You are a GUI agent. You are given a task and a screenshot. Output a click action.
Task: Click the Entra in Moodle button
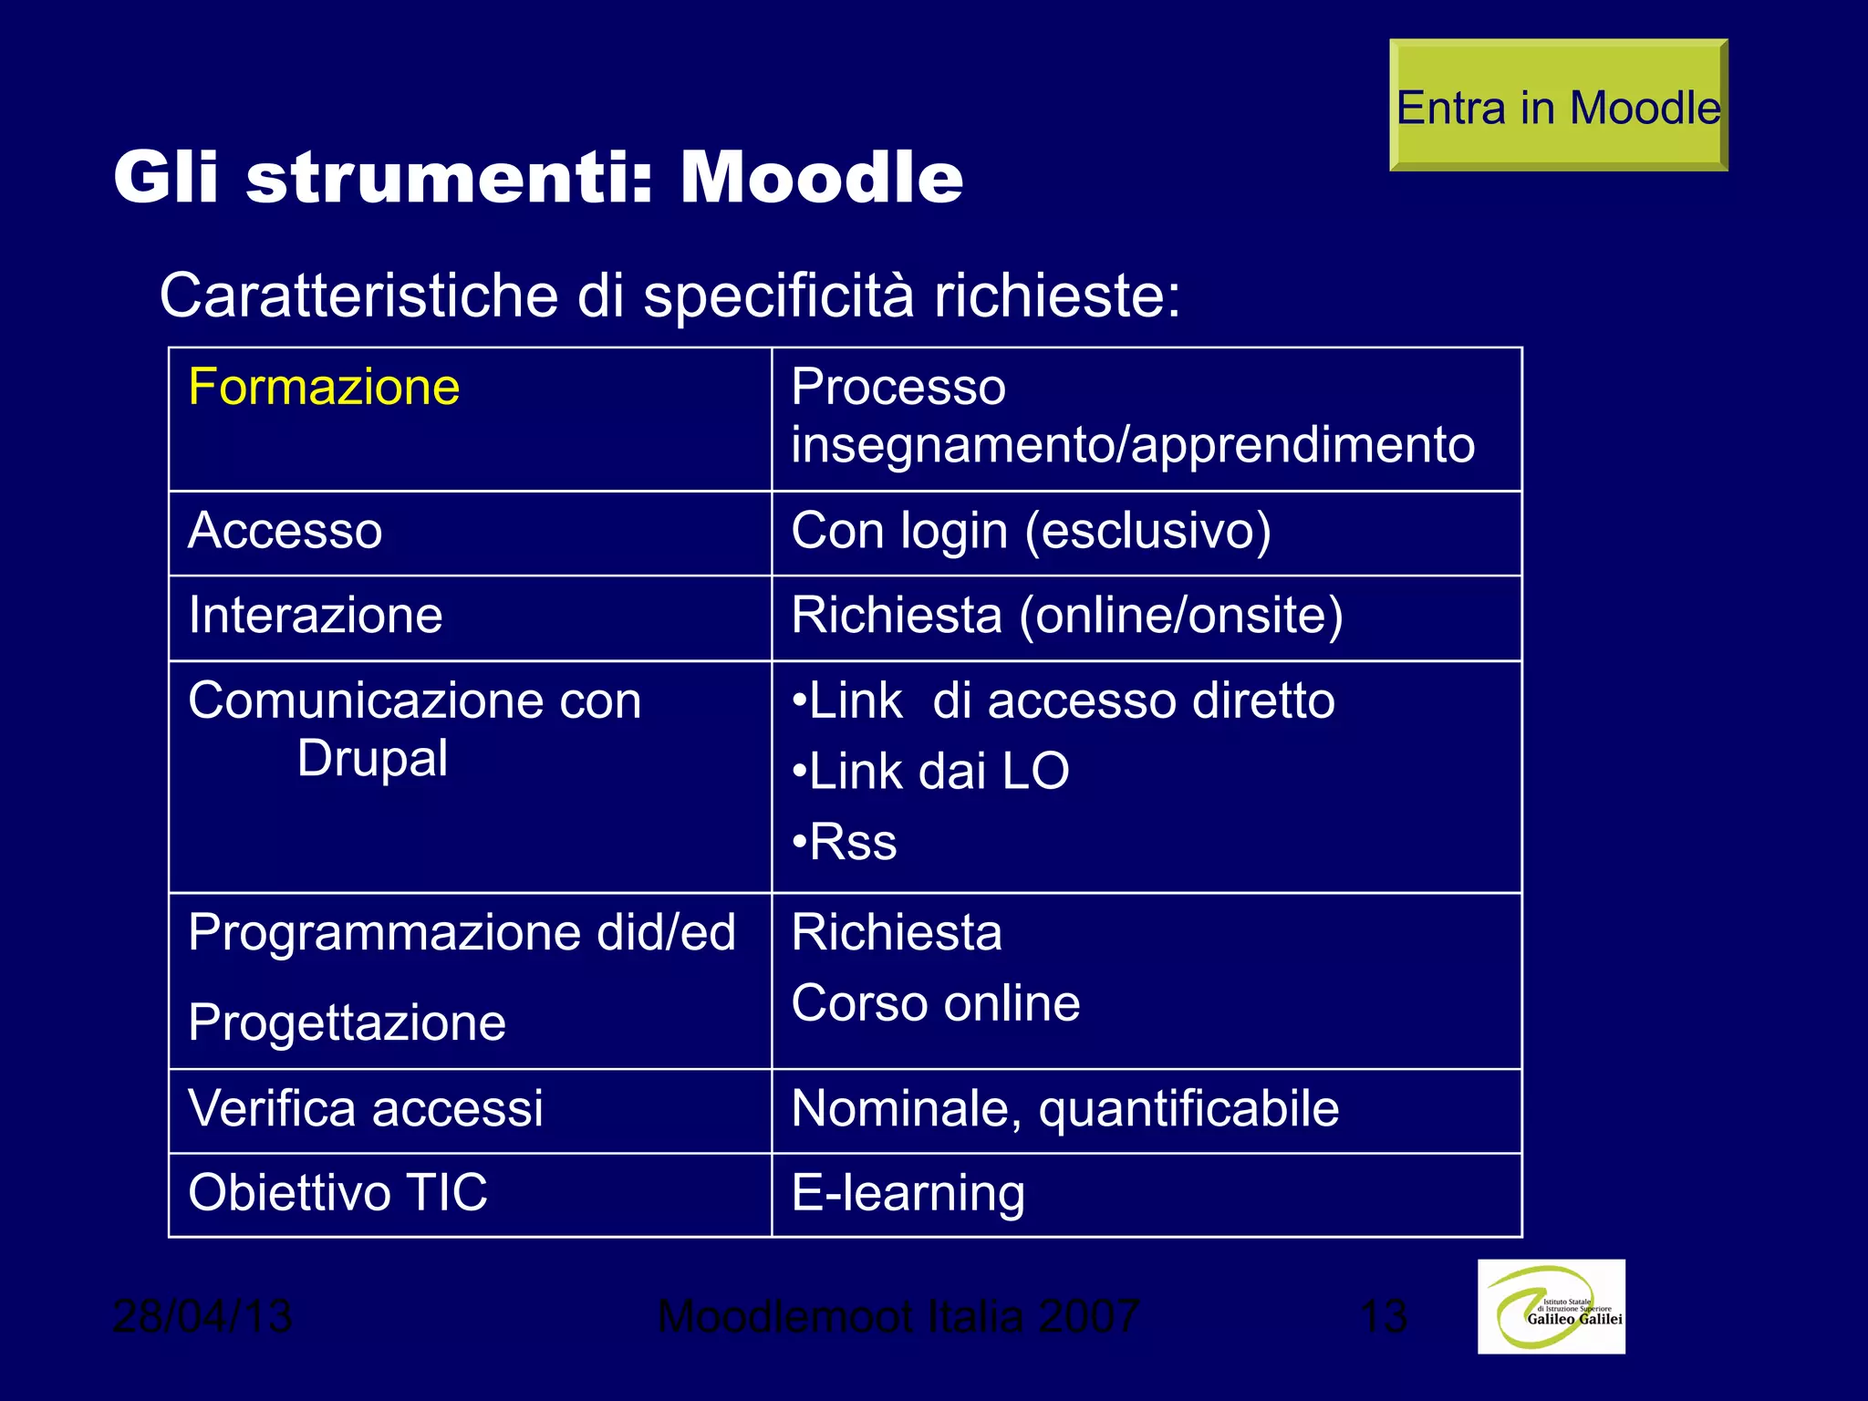(x=1558, y=106)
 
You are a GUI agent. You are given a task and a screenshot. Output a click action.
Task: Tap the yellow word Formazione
(x=324, y=387)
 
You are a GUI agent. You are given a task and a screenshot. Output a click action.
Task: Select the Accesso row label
(x=285, y=531)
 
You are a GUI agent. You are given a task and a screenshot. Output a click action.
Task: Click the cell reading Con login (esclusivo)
(x=1031, y=531)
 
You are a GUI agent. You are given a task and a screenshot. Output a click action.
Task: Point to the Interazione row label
(x=316, y=615)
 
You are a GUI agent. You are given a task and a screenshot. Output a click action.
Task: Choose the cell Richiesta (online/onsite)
(x=1067, y=615)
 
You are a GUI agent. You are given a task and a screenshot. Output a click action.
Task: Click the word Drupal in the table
(x=372, y=759)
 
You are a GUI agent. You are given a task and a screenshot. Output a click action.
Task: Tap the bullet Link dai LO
(x=930, y=772)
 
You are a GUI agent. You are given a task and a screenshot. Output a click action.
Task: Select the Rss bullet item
(x=845, y=842)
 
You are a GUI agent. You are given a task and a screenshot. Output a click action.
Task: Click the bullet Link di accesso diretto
(x=1064, y=701)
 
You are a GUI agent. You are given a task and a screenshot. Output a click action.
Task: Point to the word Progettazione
(x=347, y=1022)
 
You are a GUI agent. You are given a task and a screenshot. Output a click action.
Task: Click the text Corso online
(x=936, y=1003)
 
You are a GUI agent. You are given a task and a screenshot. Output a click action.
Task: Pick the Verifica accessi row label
(x=365, y=1109)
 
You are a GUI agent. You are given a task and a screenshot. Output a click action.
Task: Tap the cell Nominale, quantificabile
(x=1065, y=1109)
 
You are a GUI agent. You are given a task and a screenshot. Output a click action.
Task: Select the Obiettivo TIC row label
(x=337, y=1193)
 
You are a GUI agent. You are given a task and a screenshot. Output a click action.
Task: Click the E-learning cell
(x=908, y=1193)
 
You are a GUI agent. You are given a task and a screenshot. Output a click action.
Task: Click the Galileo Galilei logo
(x=1551, y=1306)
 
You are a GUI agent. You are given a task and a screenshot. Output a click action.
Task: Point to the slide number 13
(x=1383, y=1316)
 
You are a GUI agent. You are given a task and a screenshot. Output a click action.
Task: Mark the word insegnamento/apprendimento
(x=1133, y=445)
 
